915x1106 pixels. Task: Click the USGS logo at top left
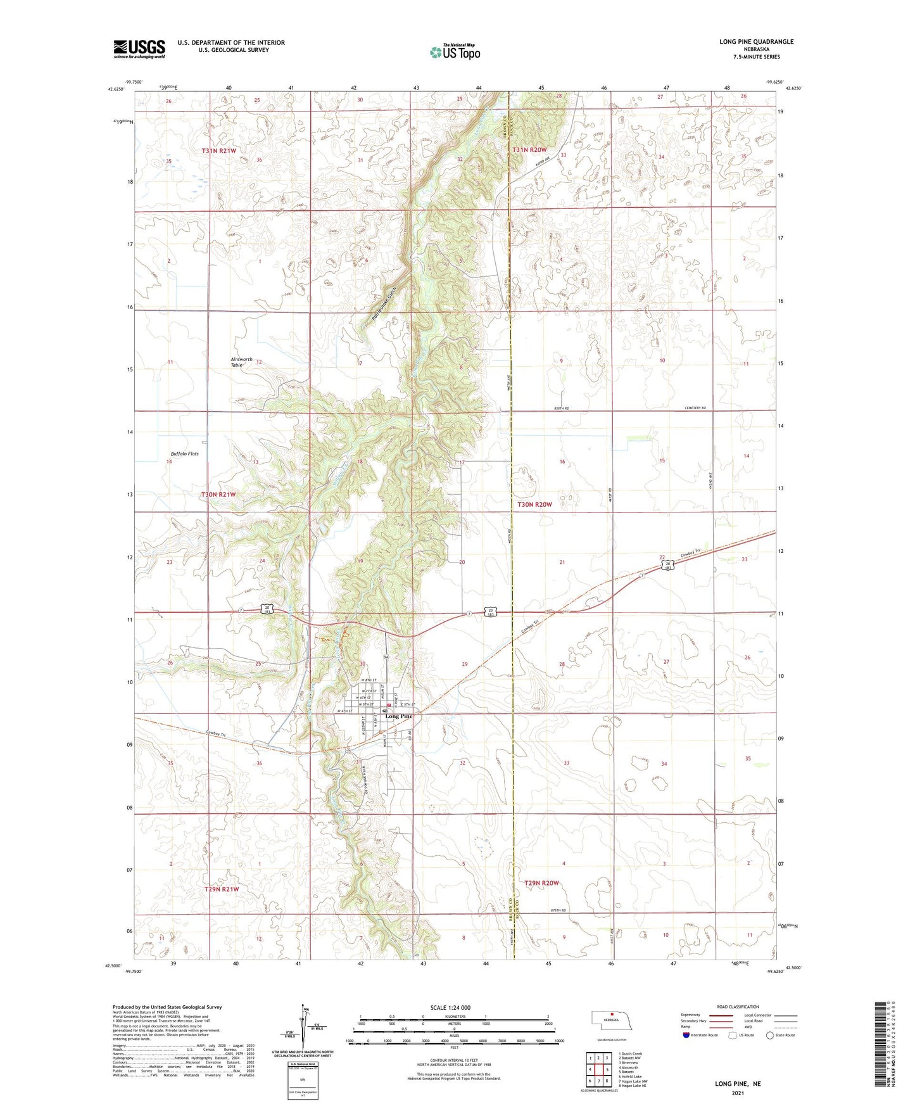[x=139, y=49]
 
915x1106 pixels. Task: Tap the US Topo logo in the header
[x=455, y=52]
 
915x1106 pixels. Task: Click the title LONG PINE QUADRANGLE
[x=756, y=42]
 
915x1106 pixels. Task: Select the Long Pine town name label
[x=399, y=716]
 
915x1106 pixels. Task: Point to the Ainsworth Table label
[x=241, y=362]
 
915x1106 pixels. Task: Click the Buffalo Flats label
[x=185, y=454]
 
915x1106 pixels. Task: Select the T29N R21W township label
[x=222, y=889]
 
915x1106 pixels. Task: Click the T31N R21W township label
[x=219, y=151]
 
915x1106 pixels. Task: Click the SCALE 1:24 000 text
[x=450, y=1008]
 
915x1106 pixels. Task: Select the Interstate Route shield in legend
[x=687, y=1035]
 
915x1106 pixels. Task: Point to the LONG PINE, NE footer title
[x=738, y=1084]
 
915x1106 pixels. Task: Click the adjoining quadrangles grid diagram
[x=598, y=1069]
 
